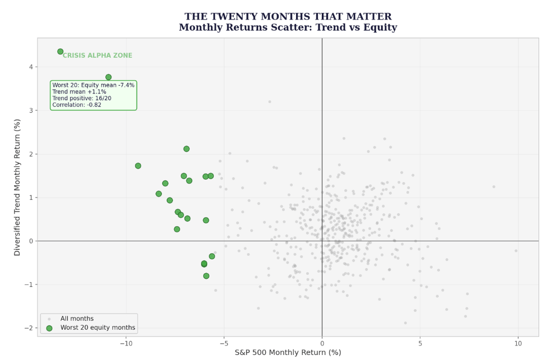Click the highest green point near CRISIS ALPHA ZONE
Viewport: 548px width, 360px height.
(x=60, y=52)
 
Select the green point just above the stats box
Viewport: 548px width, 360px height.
(x=109, y=77)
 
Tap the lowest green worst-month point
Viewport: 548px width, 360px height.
(x=206, y=276)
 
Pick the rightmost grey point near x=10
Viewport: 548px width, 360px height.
(x=516, y=251)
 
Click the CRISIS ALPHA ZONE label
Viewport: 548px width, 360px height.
(x=97, y=55)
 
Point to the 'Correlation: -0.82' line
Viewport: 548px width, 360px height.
(x=77, y=105)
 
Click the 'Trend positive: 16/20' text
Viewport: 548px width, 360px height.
(x=82, y=98)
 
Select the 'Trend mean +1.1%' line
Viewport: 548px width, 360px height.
(x=79, y=92)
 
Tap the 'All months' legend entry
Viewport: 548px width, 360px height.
(x=77, y=319)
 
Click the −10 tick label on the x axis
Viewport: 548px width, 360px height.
(x=126, y=344)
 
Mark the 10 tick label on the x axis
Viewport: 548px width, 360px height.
(x=518, y=344)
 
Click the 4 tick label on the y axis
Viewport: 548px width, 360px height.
(x=31, y=67)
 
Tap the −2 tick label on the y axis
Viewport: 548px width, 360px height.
(x=29, y=328)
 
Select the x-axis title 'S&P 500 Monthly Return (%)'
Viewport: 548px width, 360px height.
(x=288, y=352)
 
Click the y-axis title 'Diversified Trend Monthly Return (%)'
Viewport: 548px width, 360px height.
(x=17, y=188)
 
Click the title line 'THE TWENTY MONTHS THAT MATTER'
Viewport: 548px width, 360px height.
(x=288, y=16)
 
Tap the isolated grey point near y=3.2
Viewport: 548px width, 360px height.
(x=269, y=102)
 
